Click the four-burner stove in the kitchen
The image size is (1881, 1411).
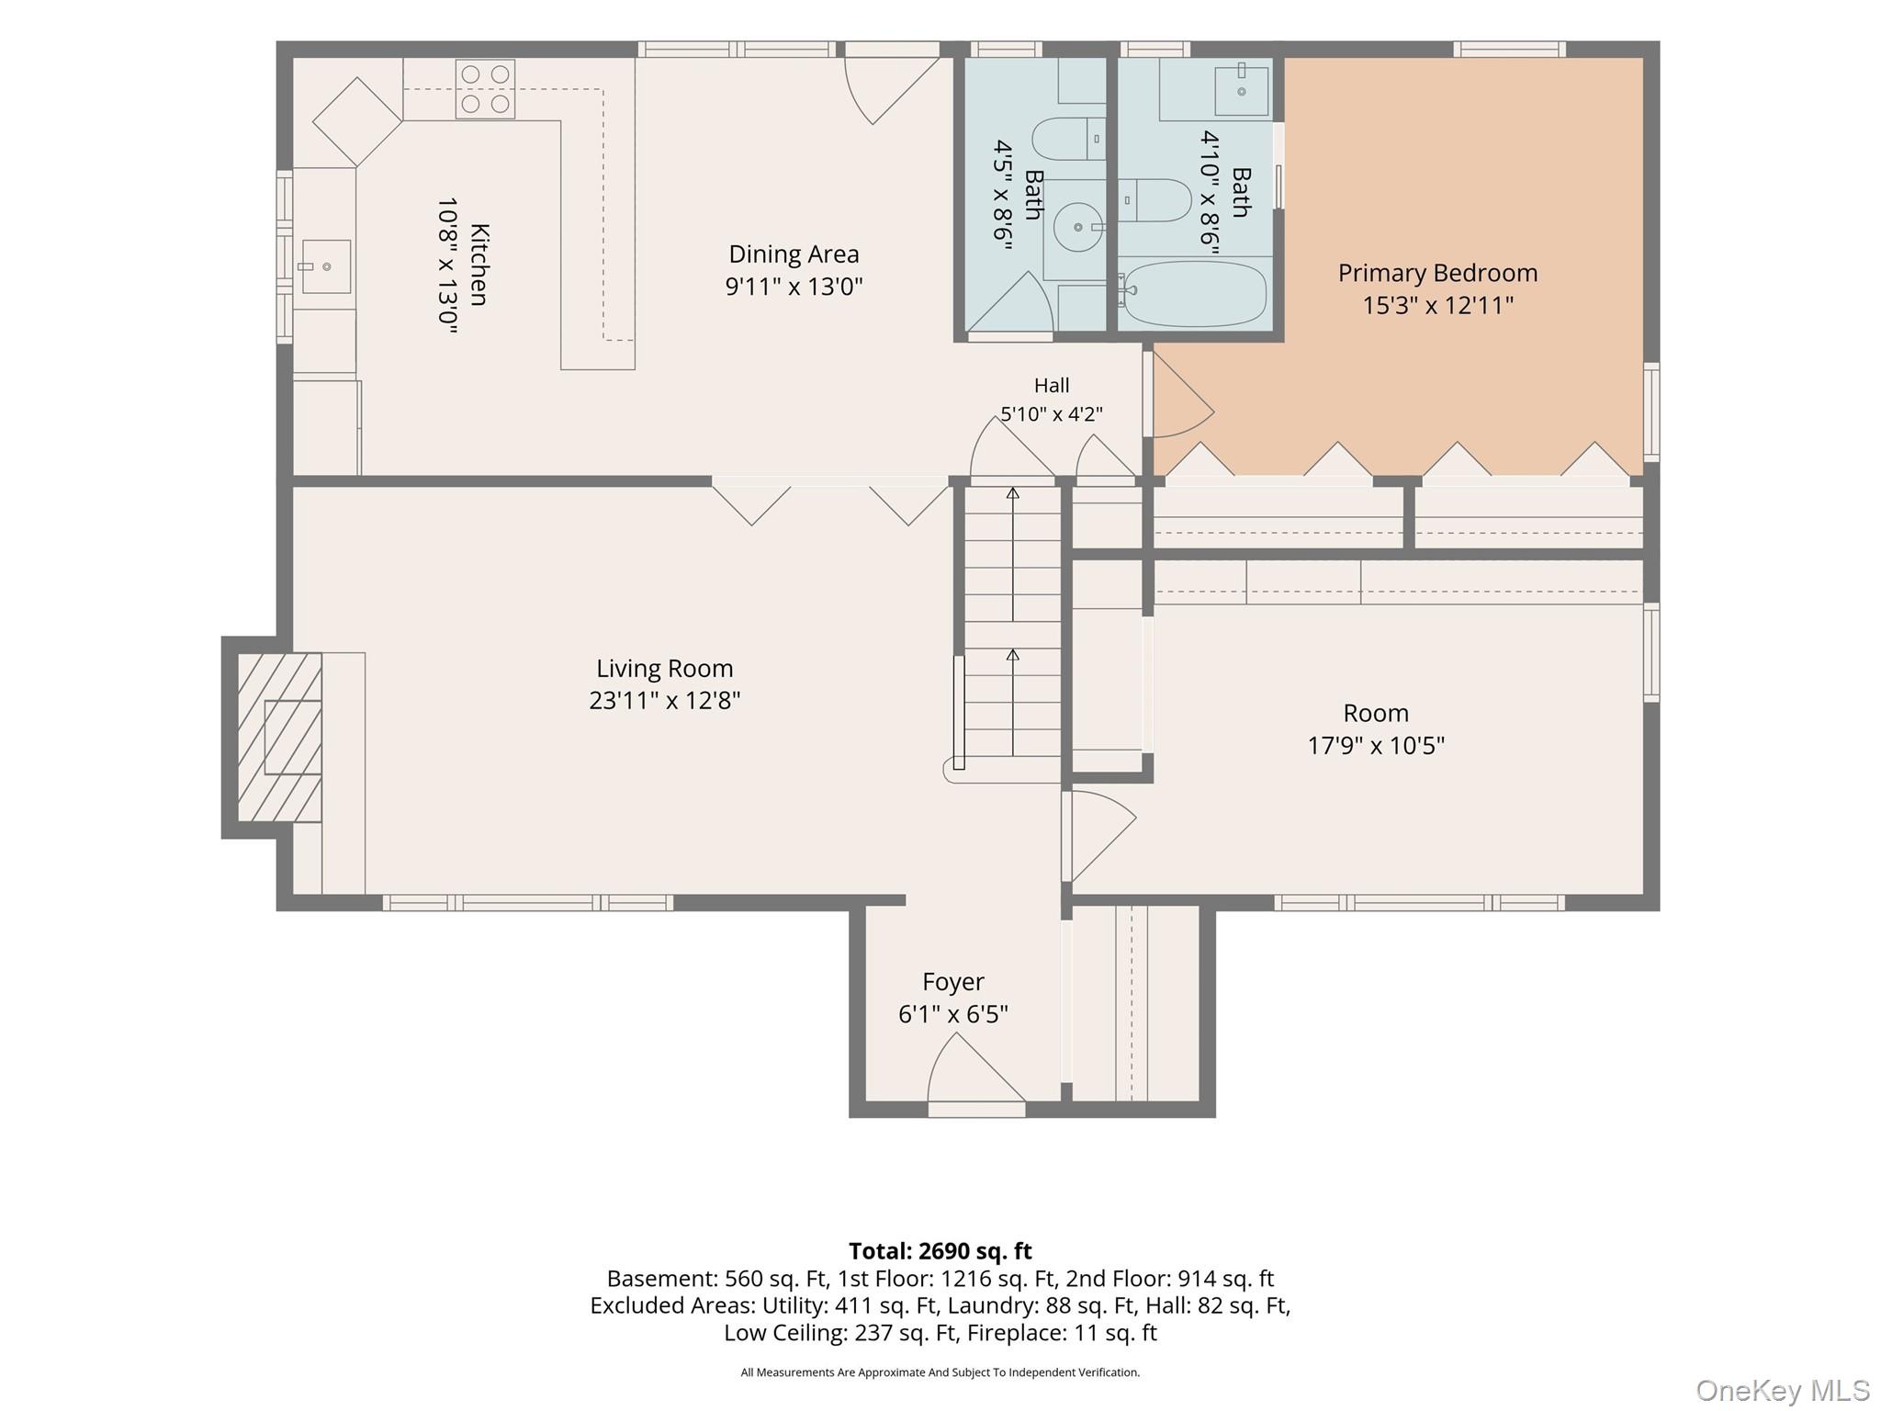pyautogui.click(x=485, y=89)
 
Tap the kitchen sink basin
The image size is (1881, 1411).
pyautogui.click(x=326, y=266)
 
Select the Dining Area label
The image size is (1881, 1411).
pyautogui.click(x=794, y=254)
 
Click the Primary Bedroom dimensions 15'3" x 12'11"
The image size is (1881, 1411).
pyautogui.click(x=1437, y=305)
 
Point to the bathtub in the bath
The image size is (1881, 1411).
pyautogui.click(x=1196, y=294)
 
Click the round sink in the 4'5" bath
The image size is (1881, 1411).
pyautogui.click(x=1077, y=227)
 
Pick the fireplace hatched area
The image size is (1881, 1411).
pyautogui.click(x=280, y=737)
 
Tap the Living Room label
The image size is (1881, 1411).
pyautogui.click(x=665, y=669)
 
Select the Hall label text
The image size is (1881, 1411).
pyautogui.click(x=1052, y=386)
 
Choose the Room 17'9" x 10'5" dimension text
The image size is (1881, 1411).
pyautogui.click(x=1376, y=745)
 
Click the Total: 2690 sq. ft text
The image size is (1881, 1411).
pyautogui.click(x=940, y=1251)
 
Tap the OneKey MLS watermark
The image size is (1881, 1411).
pyautogui.click(x=1782, y=1391)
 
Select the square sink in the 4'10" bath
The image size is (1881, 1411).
pyautogui.click(x=1242, y=89)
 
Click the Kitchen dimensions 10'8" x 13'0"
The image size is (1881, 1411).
pyautogui.click(x=447, y=265)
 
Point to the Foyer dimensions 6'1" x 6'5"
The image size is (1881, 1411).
pyautogui.click(x=953, y=1014)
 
